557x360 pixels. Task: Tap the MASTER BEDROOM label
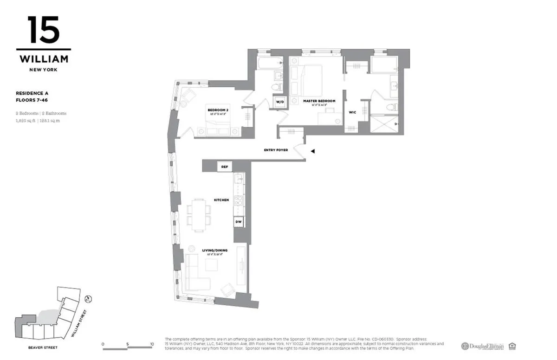(x=319, y=101)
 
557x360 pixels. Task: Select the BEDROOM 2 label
(x=218, y=110)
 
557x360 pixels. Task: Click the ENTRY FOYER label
(x=276, y=150)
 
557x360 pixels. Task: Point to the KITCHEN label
(x=221, y=200)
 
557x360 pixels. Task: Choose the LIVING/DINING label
(x=214, y=251)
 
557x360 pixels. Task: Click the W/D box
(x=280, y=101)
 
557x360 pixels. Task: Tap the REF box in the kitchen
(x=225, y=166)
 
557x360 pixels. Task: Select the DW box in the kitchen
(x=238, y=222)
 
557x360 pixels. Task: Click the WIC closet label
(x=352, y=112)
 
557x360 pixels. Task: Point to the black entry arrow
(x=313, y=151)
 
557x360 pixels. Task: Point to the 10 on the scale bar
(x=152, y=344)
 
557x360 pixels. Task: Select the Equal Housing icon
(x=512, y=346)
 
